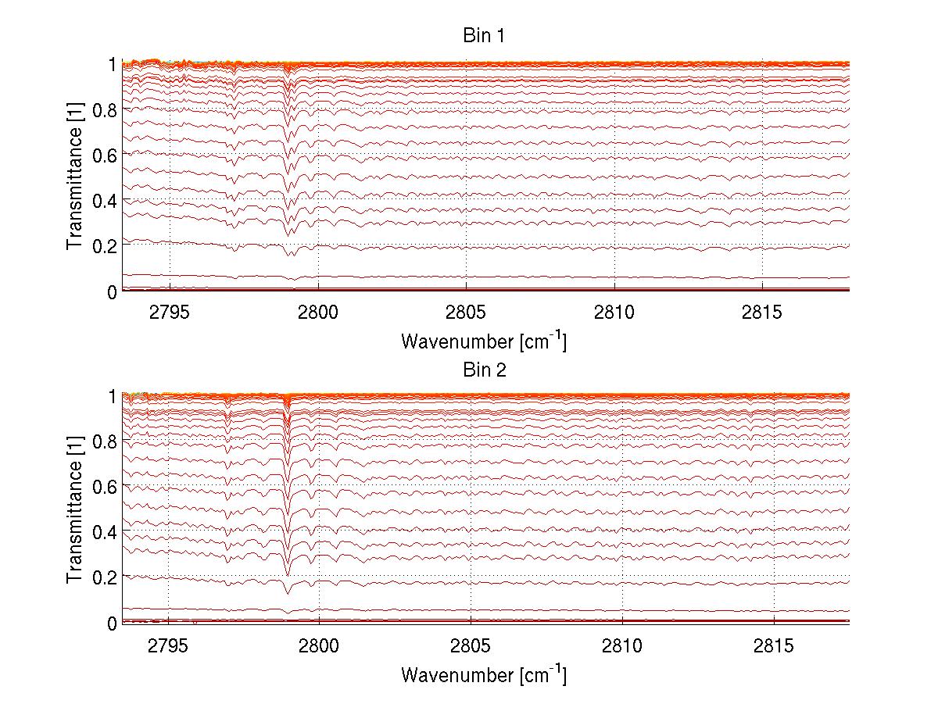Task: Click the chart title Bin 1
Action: coord(485,36)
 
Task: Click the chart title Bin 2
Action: coord(485,370)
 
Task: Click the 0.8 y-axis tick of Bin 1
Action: coord(104,110)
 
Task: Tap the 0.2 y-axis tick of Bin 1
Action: coord(104,245)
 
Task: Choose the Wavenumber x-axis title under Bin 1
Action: coord(484,341)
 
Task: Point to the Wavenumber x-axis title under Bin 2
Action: coord(484,674)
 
